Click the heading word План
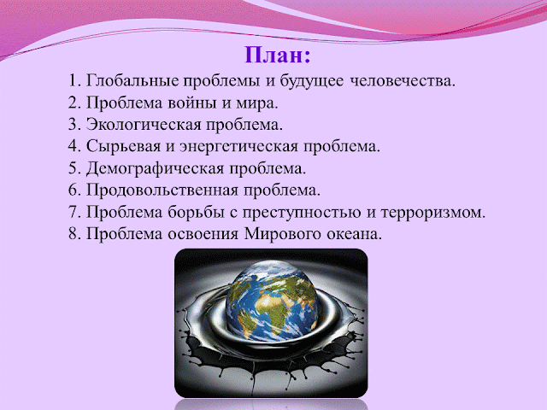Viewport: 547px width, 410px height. pos(278,57)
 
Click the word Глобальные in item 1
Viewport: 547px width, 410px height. pos(129,82)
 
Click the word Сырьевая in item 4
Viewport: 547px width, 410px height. pos(117,146)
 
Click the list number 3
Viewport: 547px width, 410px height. pos(73,125)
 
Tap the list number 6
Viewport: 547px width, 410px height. pos(73,189)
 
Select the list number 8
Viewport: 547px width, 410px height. pos(73,231)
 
